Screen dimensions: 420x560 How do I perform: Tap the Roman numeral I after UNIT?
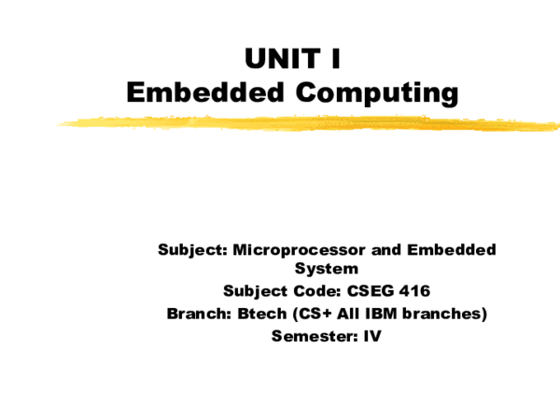[333, 60]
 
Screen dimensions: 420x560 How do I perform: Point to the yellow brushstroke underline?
[308, 122]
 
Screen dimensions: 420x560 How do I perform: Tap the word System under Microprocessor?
[327, 270]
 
